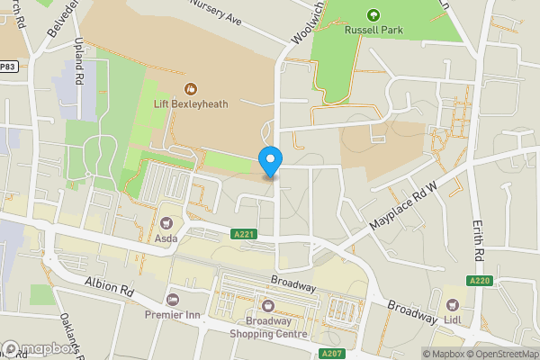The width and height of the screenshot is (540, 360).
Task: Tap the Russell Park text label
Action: click(373, 30)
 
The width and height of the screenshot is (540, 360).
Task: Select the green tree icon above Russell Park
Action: click(373, 13)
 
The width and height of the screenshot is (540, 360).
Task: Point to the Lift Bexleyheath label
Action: click(191, 103)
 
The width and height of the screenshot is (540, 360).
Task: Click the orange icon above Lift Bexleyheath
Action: click(191, 88)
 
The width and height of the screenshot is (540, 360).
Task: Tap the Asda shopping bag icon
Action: click(166, 223)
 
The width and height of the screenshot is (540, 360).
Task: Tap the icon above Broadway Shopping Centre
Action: click(265, 304)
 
